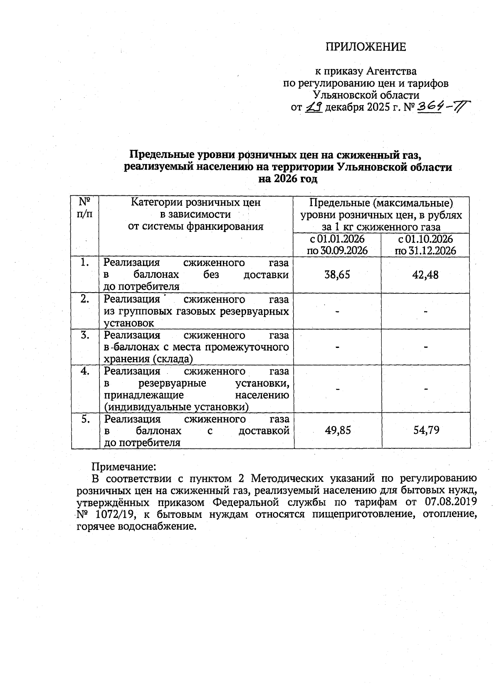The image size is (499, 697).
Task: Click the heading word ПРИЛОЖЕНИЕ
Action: point(365,47)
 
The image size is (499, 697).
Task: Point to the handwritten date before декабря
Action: point(314,108)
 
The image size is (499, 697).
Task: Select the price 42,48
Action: point(425,275)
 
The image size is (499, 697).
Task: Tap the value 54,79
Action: point(426,430)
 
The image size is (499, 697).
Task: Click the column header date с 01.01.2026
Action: point(338,239)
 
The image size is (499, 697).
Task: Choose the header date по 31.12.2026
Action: point(425,251)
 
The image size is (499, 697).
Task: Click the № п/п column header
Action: point(85,208)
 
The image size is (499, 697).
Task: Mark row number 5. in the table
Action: point(85,419)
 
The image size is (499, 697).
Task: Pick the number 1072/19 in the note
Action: point(115,515)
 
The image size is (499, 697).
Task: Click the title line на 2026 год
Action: point(288,179)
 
